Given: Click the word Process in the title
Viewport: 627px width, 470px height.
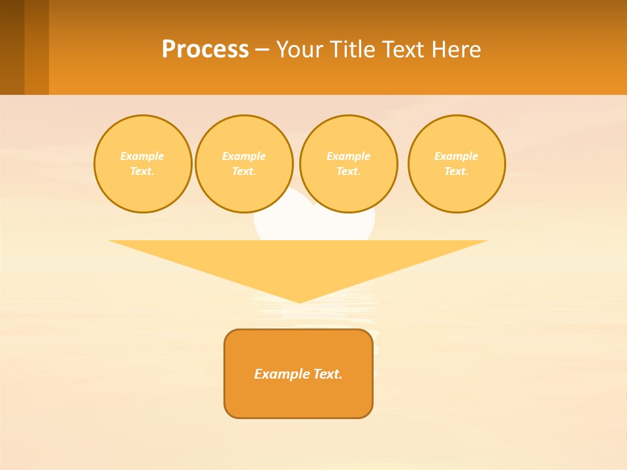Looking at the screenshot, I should pyautogui.click(x=205, y=50).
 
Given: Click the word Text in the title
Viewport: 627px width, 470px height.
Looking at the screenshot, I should pyautogui.click(x=406, y=50).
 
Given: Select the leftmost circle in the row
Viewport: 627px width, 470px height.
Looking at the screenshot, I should pyautogui.click(x=142, y=164).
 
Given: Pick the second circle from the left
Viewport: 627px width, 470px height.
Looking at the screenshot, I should pyautogui.click(x=244, y=164).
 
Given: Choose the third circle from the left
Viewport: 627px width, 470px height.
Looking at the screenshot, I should pyautogui.click(x=348, y=164).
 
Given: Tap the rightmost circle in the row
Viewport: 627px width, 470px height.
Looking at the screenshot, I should pyautogui.click(x=457, y=164).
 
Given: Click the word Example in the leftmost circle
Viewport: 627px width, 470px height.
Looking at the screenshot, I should pyautogui.click(x=142, y=156).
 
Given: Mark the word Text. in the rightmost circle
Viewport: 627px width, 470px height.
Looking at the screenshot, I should pyautogui.click(x=457, y=171).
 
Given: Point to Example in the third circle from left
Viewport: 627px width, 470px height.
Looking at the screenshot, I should pyautogui.click(x=348, y=156).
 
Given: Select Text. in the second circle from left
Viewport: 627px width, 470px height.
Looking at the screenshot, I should pyautogui.click(x=244, y=171).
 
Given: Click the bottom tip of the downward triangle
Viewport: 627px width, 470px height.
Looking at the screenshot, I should pyautogui.click(x=299, y=301).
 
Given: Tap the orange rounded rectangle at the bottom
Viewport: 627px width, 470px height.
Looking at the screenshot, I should pyautogui.click(x=298, y=398).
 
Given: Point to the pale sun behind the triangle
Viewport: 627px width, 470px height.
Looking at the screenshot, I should pyautogui.click(x=314, y=219).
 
